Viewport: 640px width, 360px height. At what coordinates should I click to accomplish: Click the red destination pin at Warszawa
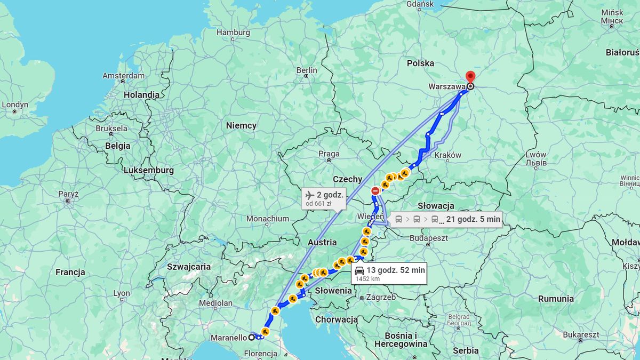click(470, 77)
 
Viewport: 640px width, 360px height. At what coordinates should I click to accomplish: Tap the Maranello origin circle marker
click(251, 337)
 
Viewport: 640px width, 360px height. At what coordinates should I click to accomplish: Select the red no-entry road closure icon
click(375, 190)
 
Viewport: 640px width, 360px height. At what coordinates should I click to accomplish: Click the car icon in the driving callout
click(359, 270)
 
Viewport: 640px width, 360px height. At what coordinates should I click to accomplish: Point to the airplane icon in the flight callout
click(309, 195)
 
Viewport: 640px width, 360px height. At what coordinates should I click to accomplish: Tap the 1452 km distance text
click(367, 278)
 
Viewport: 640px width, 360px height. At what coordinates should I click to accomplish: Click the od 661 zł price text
click(318, 203)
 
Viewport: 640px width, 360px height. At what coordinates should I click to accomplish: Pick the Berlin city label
click(307, 70)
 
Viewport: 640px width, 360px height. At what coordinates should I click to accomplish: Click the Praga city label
click(329, 154)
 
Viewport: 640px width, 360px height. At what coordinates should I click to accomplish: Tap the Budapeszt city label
click(429, 238)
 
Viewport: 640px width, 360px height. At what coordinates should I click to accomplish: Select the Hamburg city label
click(233, 33)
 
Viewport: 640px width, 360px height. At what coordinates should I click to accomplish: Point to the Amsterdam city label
click(123, 76)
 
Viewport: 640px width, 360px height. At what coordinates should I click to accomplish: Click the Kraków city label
click(448, 155)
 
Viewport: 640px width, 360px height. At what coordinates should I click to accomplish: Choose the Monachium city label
click(268, 218)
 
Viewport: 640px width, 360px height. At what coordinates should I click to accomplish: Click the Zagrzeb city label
click(381, 297)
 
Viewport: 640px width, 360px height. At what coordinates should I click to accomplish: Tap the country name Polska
click(420, 63)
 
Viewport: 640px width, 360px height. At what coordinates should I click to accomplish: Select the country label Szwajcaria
click(189, 267)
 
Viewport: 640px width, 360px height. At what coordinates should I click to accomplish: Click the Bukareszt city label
click(581, 334)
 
